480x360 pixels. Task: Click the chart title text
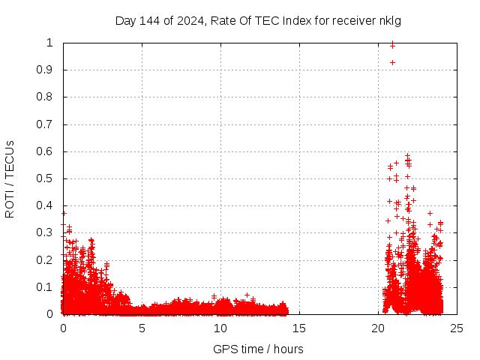258,21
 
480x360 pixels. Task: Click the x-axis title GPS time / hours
258,349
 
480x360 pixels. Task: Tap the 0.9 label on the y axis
51,70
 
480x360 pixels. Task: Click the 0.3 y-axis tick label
51,232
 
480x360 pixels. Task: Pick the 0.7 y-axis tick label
51,124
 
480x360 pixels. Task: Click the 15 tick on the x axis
299,328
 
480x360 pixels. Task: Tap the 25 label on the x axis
457,328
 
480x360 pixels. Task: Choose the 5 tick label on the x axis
142,328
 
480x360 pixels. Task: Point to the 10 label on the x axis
220,328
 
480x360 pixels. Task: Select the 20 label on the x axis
378,328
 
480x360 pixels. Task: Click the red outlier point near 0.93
392,62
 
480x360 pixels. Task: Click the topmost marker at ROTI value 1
392,45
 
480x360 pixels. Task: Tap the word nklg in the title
388,21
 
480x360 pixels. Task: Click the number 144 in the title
148,21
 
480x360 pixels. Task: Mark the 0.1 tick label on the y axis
51,286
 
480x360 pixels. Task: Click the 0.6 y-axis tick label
51,151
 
